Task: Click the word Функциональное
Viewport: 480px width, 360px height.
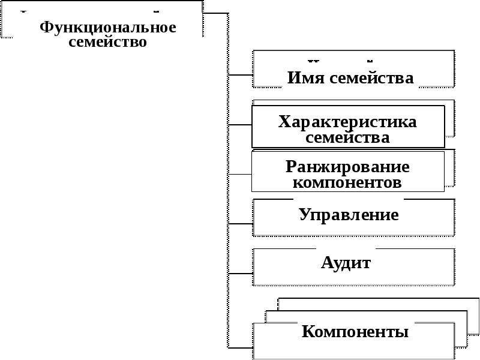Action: (x=108, y=28)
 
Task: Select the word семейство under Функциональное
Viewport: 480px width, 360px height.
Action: (x=108, y=42)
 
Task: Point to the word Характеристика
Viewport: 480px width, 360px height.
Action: (x=347, y=122)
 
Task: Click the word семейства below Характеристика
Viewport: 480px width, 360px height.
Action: (x=347, y=137)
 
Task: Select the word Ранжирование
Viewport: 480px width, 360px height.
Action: (x=347, y=167)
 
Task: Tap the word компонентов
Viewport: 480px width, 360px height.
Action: (x=347, y=183)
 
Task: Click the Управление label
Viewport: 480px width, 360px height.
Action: (x=349, y=215)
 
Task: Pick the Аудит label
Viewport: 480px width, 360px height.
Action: (x=346, y=263)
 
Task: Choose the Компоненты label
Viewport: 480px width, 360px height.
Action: (x=355, y=332)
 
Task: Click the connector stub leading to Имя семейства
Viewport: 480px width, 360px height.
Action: (x=241, y=74)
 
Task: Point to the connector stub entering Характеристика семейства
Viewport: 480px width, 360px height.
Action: (x=241, y=125)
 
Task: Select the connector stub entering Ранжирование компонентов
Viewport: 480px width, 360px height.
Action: (x=241, y=175)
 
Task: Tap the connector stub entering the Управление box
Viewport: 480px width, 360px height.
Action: (x=241, y=224)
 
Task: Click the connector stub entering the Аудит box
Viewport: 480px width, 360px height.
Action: (x=241, y=274)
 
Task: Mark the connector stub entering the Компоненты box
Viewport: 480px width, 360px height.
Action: (x=241, y=348)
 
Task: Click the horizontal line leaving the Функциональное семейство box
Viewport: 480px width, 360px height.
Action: (x=215, y=13)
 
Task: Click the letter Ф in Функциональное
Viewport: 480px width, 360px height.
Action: (x=46, y=28)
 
